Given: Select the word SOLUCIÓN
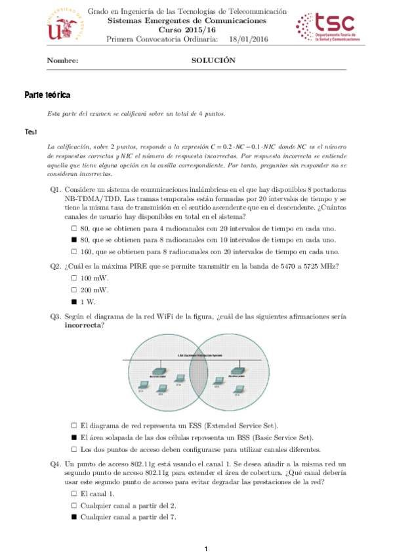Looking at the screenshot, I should click(x=213, y=60).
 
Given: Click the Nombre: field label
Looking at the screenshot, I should click(x=63, y=60).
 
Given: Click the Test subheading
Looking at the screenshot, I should click(x=31, y=132).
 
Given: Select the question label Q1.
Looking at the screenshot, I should click(x=56, y=189).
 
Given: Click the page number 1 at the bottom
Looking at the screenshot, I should click(x=205, y=548).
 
